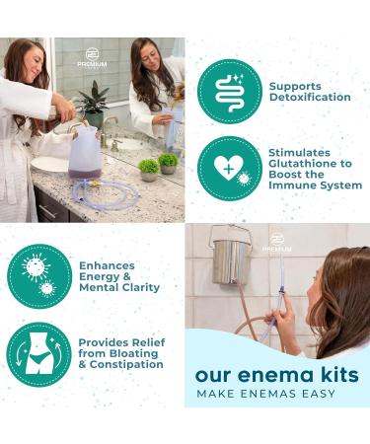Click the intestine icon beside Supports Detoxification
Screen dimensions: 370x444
point(230,92)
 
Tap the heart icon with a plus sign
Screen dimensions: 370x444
point(230,169)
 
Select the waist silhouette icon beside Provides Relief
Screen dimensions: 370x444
point(38,354)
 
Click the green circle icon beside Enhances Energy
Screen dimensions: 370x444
point(39,276)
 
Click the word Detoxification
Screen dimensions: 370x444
point(310,98)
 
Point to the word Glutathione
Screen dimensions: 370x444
point(310,164)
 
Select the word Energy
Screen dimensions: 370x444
point(98,277)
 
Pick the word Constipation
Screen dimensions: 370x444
point(126,364)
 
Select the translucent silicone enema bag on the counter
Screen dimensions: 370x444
point(86,152)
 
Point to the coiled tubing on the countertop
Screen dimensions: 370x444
point(106,194)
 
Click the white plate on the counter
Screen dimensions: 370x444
point(50,164)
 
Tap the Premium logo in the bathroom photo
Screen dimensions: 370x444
point(92,58)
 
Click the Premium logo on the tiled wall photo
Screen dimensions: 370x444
point(277,243)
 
